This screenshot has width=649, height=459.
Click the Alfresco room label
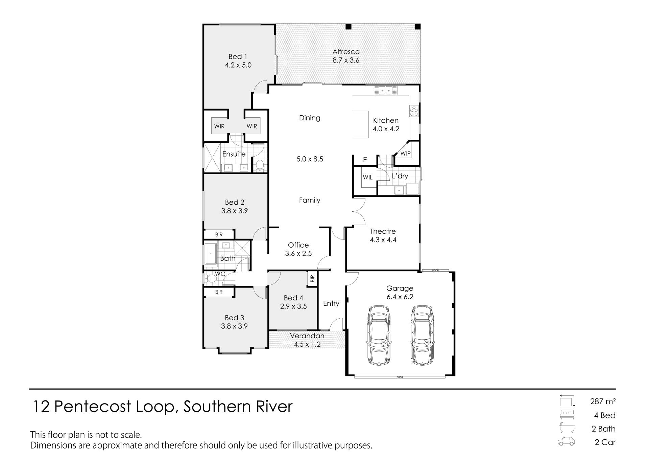point(346,52)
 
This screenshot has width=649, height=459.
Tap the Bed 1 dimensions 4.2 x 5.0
point(238,65)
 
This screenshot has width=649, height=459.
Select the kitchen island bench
point(360,124)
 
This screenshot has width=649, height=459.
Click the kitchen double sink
point(385,90)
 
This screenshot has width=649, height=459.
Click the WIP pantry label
point(406,154)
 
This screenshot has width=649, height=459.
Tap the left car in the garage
point(379,335)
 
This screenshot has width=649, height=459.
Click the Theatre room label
point(383,231)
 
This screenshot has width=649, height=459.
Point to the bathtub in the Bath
point(211,253)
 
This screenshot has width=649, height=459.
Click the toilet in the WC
point(211,279)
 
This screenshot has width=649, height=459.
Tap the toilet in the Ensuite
point(259,165)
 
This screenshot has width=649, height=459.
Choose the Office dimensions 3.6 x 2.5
point(298,253)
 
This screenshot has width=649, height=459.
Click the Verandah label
point(307,336)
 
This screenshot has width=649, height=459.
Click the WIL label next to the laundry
point(368,177)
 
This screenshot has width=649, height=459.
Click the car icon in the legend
point(566,441)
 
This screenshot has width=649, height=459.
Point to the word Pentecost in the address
point(93,406)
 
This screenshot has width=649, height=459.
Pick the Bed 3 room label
point(235,318)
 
